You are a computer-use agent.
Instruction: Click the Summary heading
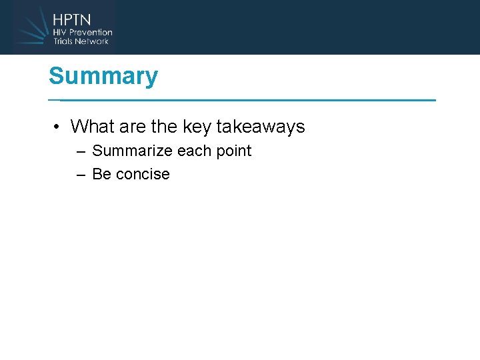(x=103, y=76)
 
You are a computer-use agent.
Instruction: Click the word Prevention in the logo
(x=91, y=32)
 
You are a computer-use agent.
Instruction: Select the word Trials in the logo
(x=65, y=41)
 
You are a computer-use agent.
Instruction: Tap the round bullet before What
(x=59, y=127)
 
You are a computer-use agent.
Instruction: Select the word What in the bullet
(x=91, y=126)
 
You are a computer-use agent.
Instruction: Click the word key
(x=197, y=127)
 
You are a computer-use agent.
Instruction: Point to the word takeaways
(x=261, y=126)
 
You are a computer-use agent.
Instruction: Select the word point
(x=233, y=151)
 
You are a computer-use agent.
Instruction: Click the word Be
(x=101, y=174)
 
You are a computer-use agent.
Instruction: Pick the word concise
(x=143, y=175)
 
